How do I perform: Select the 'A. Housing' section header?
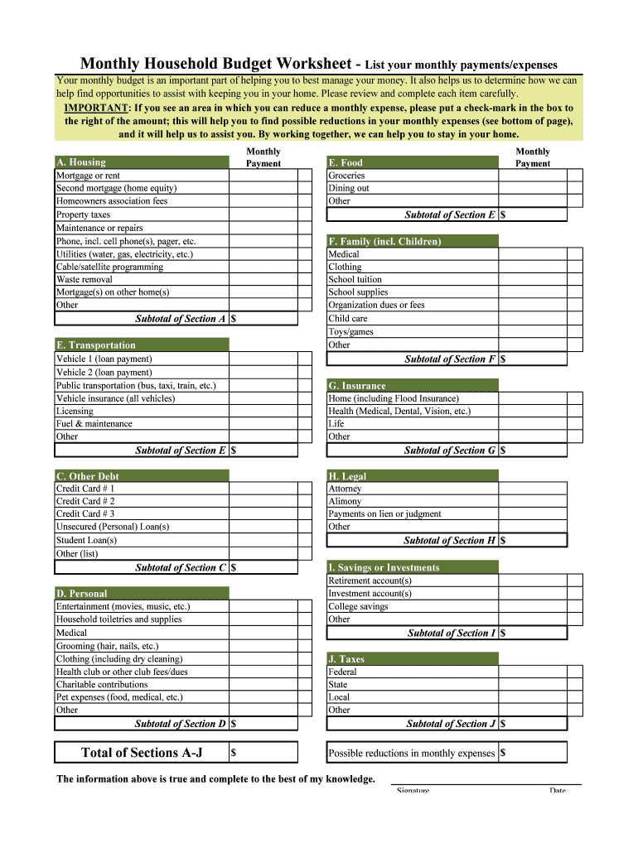pyautogui.click(x=81, y=162)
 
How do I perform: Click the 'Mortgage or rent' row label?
pyautogui.click(x=88, y=176)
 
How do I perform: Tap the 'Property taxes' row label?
pyautogui.click(x=83, y=214)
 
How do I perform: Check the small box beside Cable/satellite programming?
pyautogui.click(x=305, y=267)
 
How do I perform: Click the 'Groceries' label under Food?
pyautogui.click(x=346, y=176)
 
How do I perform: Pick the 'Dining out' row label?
pyautogui.click(x=349, y=188)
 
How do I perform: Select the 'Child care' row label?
pyautogui.click(x=348, y=318)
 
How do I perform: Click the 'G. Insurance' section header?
pyautogui.click(x=357, y=386)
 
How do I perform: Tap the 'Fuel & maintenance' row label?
pyautogui.click(x=94, y=424)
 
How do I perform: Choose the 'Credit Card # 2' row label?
pyautogui.click(x=85, y=501)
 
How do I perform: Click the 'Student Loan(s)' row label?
pyautogui.click(x=86, y=540)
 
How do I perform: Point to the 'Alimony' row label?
pyautogui.click(x=345, y=501)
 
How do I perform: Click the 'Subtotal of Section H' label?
pyautogui.click(x=449, y=541)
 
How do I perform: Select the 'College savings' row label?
pyautogui.click(x=358, y=606)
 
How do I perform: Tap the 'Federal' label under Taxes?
pyautogui.click(x=344, y=672)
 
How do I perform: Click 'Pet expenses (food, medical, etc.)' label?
pyautogui.click(x=119, y=697)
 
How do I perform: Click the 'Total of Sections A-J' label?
pyautogui.click(x=142, y=753)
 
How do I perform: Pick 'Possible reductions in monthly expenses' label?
pyautogui.click(x=412, y=754)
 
